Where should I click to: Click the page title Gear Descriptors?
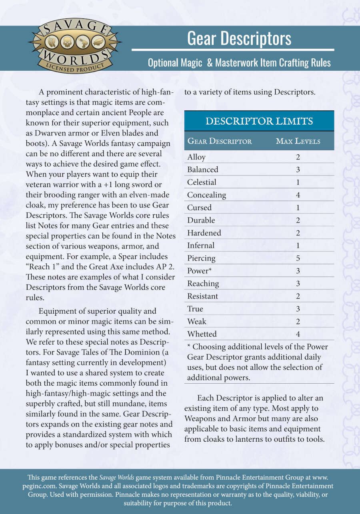click(239, 38)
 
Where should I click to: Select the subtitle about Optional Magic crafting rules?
click(239, 63)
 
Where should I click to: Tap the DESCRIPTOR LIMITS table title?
click(259, 121)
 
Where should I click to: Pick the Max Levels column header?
click(298, 141)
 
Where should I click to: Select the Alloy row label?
click(196, 157)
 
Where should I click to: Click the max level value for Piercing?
click(298, 258)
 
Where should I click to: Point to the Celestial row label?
click(202, 182)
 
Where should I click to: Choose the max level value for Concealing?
click(298, 195)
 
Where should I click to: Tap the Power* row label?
click(199, 271)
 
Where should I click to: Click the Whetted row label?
click(202, 334)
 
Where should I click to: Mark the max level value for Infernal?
click(298, 245)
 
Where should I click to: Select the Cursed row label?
click(199, 208)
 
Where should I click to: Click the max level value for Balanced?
click(298, 169)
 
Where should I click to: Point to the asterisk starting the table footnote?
click(189, 346)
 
